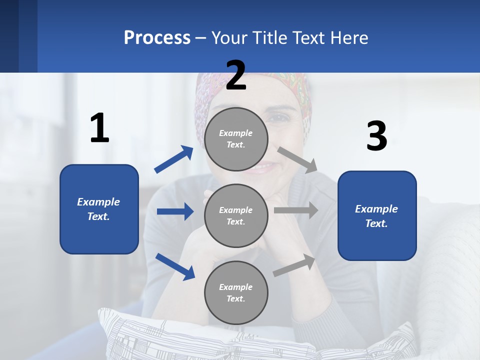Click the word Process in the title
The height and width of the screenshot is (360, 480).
click(157, 37)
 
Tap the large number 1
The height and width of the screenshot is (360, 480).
click(99, 128)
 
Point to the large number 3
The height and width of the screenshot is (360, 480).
click(376, 136)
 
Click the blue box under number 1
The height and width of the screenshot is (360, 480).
click(99, 209)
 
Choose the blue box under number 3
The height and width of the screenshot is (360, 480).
click(377, 216)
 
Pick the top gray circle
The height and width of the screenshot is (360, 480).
click(236, 139)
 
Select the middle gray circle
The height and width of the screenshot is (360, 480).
click(236, 216)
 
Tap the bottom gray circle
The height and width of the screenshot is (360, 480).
click(236, 293)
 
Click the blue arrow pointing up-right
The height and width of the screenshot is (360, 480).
click(173, 159)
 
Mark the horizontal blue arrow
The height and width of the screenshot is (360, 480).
click(175, 211)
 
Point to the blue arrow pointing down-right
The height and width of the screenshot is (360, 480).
click(175, 266)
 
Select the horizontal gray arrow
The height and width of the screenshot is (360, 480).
click(295, 210)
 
